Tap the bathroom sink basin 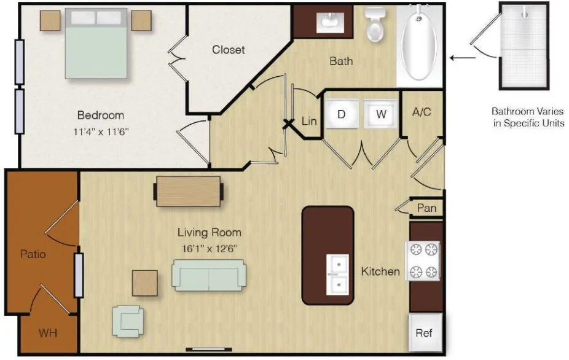[x=330, y=21]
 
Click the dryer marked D [x=341, y=114]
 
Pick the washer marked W [x=380, y=114]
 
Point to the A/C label [x=422, y=112]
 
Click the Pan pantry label [x=426, y=208]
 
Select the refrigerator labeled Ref [x=425, y=332]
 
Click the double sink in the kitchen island [x=337, y=275]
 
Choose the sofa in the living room [x=209, y=275]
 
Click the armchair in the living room [x=128, y=321]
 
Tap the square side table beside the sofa [x=145, y=283]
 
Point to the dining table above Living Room [x=189, y=191]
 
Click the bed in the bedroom [x=96, y=43]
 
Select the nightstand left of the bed [x=50, y=20]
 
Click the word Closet [x=228, y=49]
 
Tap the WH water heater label [x=48, y=333]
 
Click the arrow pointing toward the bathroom [x=462, y=58]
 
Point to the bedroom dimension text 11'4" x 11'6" [x=101, y=131]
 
